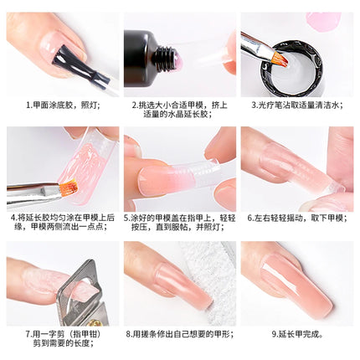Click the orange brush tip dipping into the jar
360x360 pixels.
coord(280,58)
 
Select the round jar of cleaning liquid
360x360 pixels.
coord(291,69)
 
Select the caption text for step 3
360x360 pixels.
coord(297,105)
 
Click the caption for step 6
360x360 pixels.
coord(297,218)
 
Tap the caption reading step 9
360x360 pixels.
coord(297,334)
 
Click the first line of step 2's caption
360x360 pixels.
coord(180,105)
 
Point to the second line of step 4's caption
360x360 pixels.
coord(61,227)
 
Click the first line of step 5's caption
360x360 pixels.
coord(180,218)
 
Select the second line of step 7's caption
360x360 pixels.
coord(64,343)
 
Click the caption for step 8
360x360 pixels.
coord(180,334)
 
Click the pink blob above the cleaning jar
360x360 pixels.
coord(323,20)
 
